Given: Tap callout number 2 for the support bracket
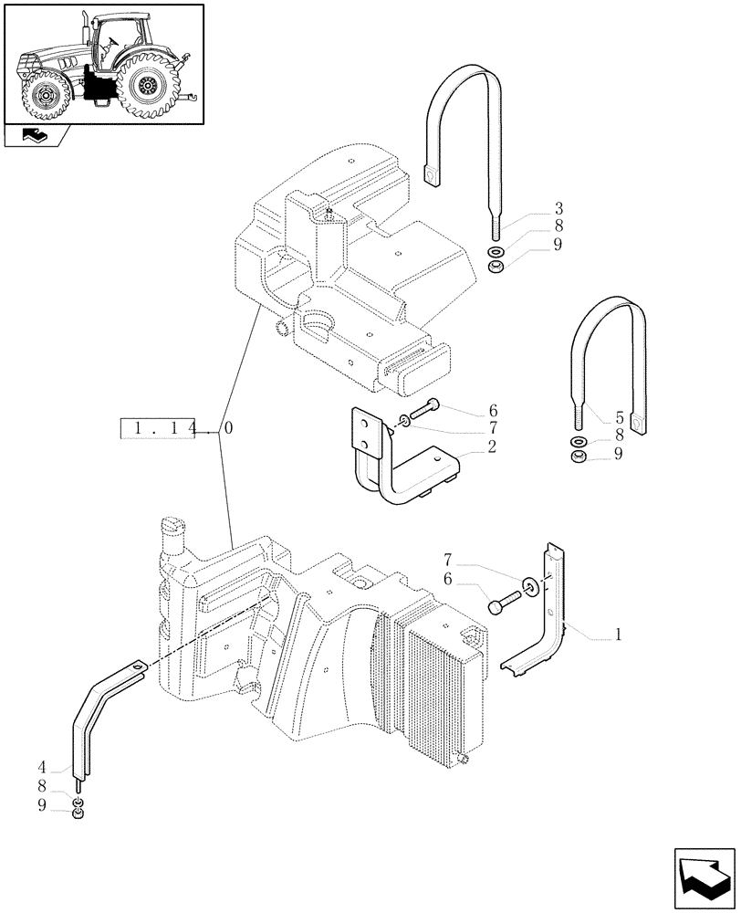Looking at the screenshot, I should [x=491, y=447].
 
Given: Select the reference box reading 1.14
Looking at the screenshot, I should [x=158, y=428].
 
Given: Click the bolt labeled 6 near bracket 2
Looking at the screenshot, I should [x=421, y=411].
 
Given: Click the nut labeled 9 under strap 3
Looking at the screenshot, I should [x=496, y=268].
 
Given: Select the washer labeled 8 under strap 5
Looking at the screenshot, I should [x=579, y=441].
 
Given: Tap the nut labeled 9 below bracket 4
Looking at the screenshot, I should [x=80, y=813].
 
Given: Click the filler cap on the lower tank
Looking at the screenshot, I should [x=172, y=526].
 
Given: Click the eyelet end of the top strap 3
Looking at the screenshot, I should [x=432, y=169].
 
